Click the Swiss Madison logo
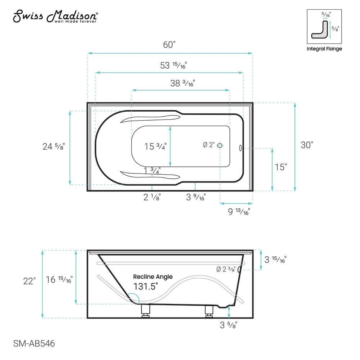coord(55,17)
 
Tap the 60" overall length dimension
coord(169,45)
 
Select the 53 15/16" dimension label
coord(174,65)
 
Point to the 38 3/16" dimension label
coord(182,83)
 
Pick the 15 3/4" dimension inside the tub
coord(155,147)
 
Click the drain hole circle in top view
coord(220,145)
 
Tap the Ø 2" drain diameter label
coord(208,145)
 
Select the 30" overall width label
coord(307,145)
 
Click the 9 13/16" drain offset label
coord(239,212)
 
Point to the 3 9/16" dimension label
coord(196,197)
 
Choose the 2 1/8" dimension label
coord(152,197)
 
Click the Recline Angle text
coord(153,277)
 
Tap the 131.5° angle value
coord(147,287)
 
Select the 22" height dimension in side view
coord(29,281)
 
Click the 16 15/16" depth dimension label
coord(59,279)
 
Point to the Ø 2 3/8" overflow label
coord(226,269)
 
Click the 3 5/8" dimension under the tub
coord(228,325)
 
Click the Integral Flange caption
coord(324,49)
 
